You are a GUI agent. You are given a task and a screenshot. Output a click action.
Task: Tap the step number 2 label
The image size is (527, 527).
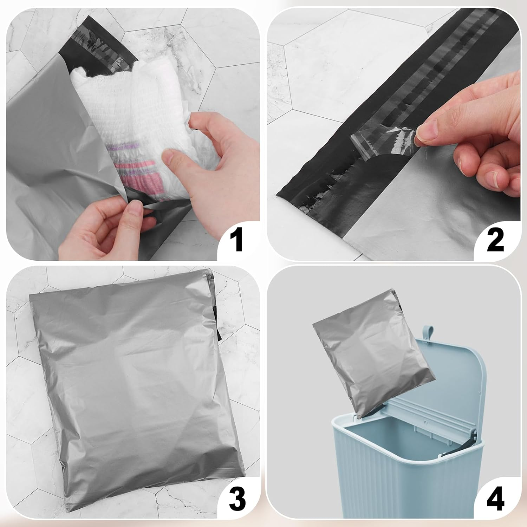495,239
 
